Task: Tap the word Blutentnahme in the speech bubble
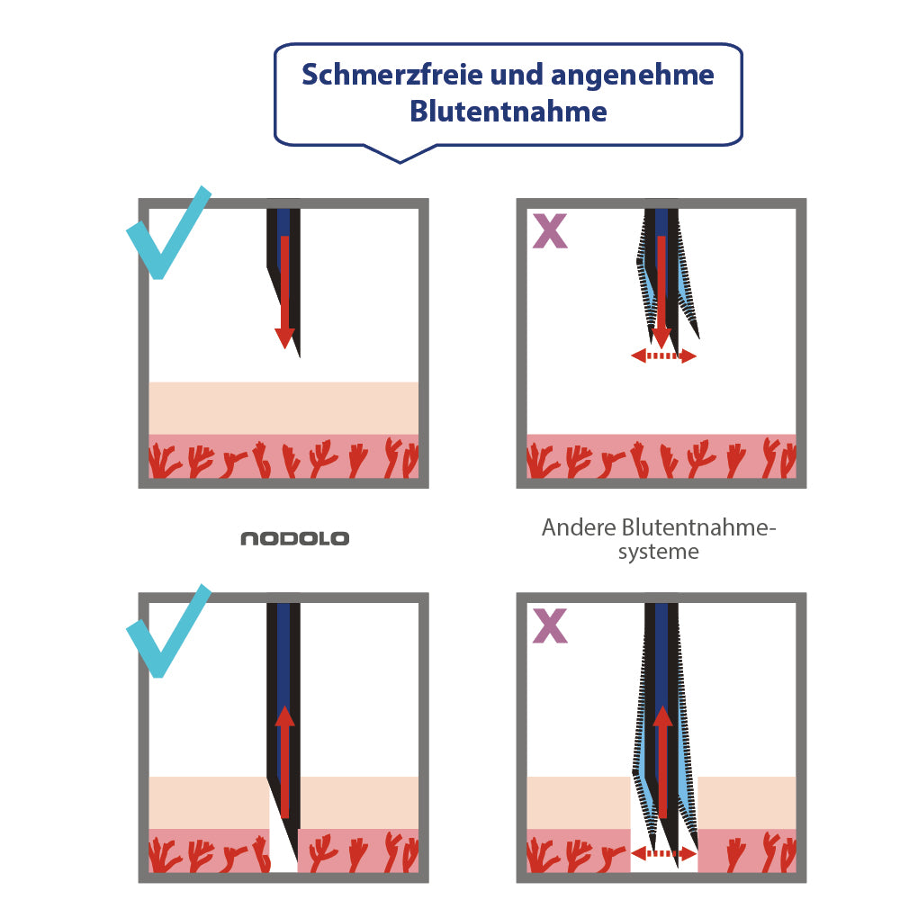(508, 112)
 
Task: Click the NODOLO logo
(294, 539)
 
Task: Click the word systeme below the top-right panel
(658, 551)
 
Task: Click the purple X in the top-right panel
(550, 231)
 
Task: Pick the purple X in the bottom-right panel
(550, 626)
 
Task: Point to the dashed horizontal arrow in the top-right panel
(663, 356)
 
